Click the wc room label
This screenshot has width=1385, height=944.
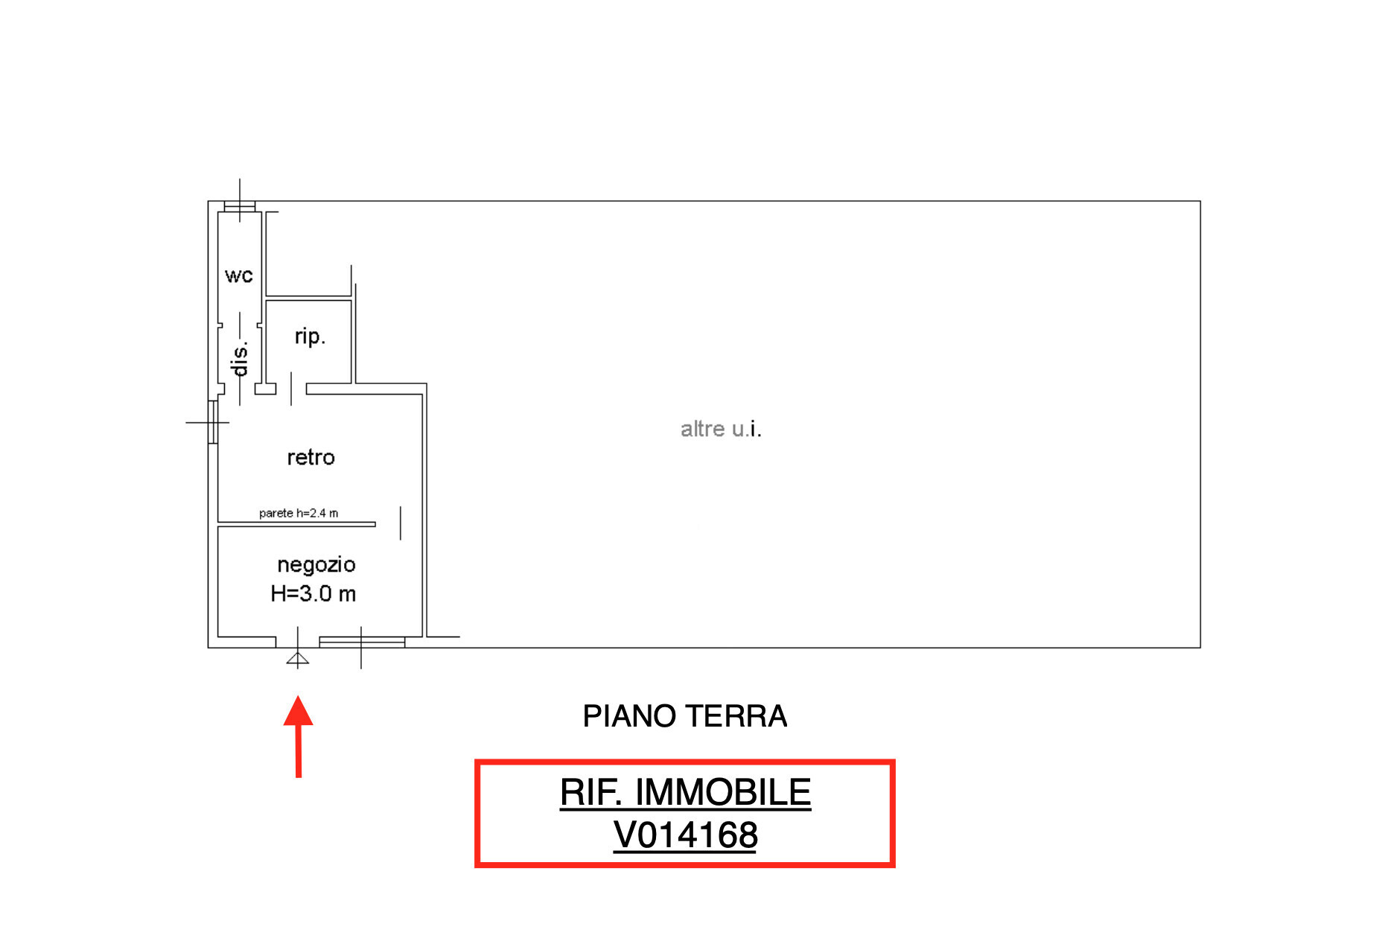coord(239,276)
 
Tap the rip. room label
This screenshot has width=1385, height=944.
coord(310,337)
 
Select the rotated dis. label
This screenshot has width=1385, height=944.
coord(239,360)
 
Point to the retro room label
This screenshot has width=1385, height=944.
coord(311,457)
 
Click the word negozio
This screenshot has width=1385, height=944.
coord(316,565)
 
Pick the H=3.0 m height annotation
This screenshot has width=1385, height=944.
coord(313,593)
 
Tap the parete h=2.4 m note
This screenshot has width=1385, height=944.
coord(299,513)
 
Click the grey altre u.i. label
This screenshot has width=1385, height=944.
coord(721,429)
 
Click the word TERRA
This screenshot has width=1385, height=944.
coord(736,716)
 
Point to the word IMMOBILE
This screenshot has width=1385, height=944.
coord(723,792)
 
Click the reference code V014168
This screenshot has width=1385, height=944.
coord(685,835)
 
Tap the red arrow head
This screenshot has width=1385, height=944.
coord(298,710)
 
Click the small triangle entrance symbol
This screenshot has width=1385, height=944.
coord(298,658)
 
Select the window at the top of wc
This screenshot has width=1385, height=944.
coord(240,206)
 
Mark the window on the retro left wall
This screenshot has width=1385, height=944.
coord(213,422)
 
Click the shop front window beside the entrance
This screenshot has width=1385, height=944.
coord(362,642)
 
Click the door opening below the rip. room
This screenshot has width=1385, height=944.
coord(291,389)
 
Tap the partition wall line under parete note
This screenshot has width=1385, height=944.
coord(296,524)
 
